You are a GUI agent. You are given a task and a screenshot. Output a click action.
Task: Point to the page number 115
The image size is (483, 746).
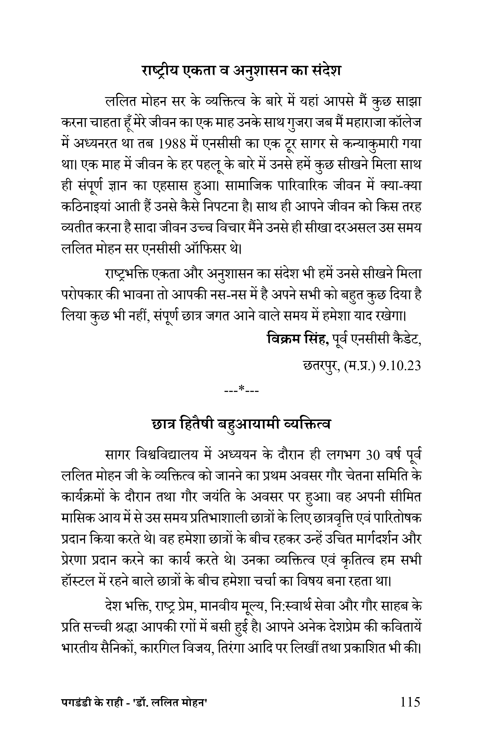click(410, 710)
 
